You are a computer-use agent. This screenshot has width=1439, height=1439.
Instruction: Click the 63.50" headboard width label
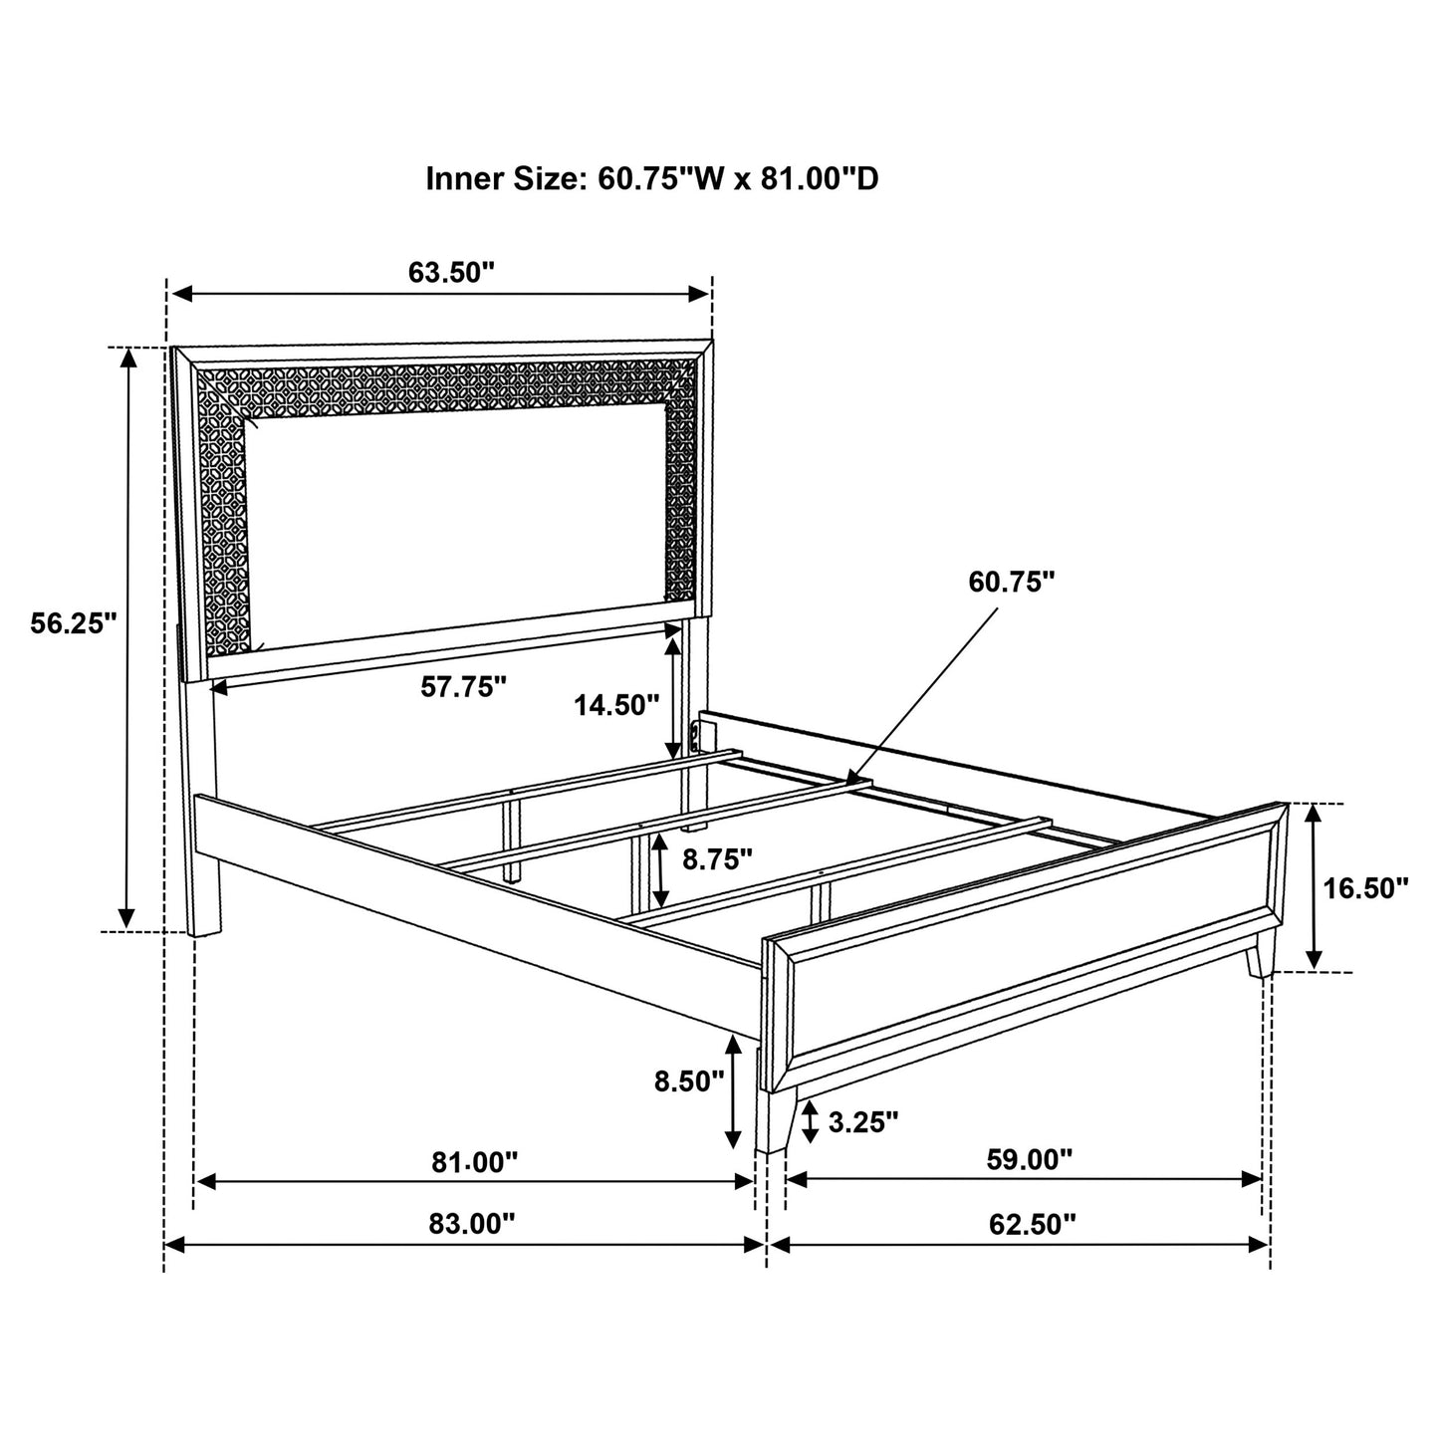pyautogui.click(x=451, y=272)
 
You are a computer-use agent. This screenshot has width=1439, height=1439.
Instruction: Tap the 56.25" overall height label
pyautogui.click(x=74, y=624)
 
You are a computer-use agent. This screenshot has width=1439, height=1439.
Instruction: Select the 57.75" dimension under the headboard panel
pyautogui.click(x=464, y=686)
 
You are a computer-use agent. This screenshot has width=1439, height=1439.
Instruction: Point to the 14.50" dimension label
pyautogui.click(x=616, y=706)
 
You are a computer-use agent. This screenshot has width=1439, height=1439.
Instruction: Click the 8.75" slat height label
pyautogui.click(x=717, y=859)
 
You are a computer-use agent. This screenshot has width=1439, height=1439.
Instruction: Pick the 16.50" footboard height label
pyautogui.click(x=1365, y=887)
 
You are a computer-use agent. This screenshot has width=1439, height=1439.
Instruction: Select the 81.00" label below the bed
pyautogui.click(x=475, y=1161)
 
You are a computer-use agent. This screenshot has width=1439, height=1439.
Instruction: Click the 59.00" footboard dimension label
pyautogui.click(x=1030, y=1159)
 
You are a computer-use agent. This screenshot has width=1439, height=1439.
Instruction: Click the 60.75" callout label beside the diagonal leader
pyautogui.click(x=1012, y=583)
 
